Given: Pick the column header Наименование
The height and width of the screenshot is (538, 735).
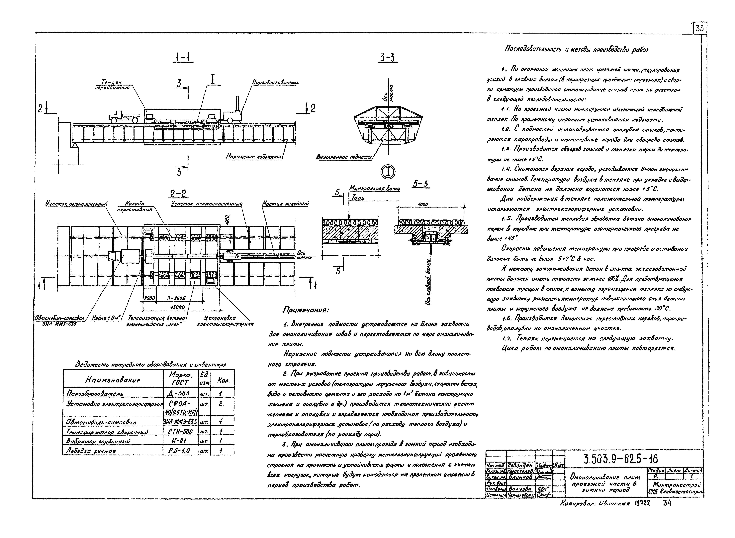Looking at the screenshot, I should click(x=113, y=380).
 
